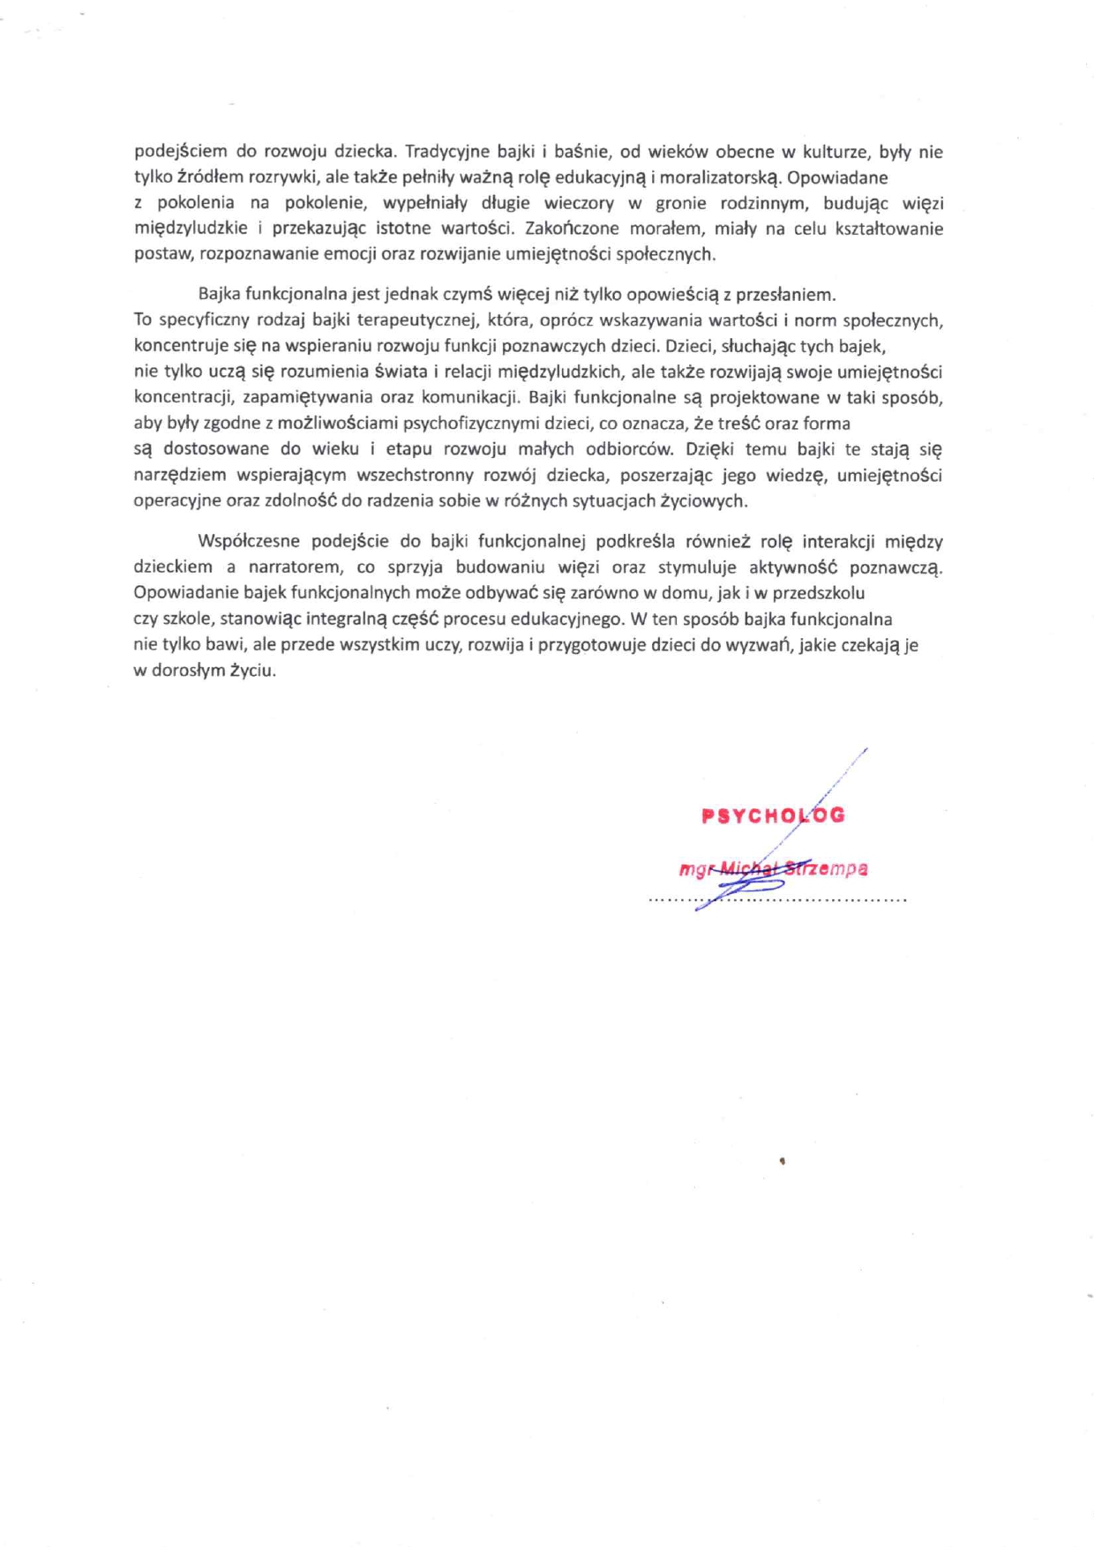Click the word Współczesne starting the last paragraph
point(249,541)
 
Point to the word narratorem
point(294,567)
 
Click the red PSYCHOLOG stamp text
point(773,815)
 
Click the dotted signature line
point(777,900)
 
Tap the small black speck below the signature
point(783,1161)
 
